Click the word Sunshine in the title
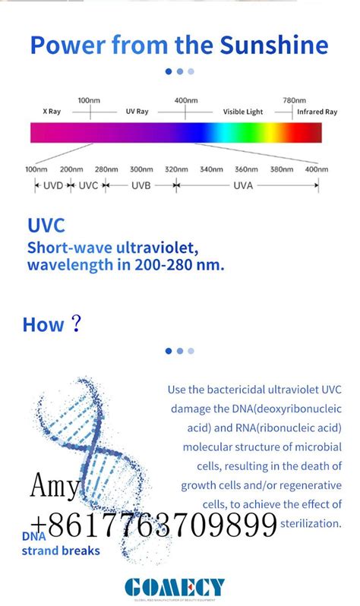(274, 45)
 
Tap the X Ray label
(52, 112)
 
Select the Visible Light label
(242, 112)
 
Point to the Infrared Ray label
(317, 112)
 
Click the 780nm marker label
(294, 100)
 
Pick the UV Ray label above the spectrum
(137, 112)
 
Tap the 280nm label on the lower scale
(106, 169)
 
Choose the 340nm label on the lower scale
(211, 169)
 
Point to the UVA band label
(243, 185)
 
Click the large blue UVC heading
(46, 226)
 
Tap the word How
(43, 325)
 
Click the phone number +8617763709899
(154, 523)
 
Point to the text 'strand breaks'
(61, 551)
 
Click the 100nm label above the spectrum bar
(89, 100)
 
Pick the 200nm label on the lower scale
(71, 169)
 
